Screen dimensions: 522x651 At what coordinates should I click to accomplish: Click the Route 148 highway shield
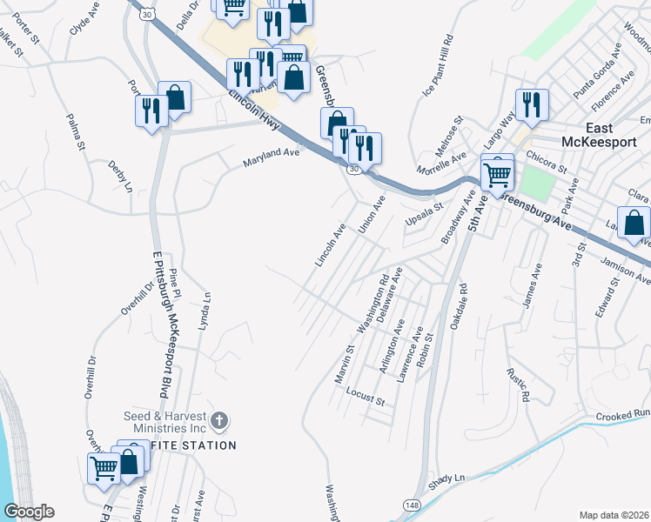tap(412, 505)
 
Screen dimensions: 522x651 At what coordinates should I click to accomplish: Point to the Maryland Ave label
tap(271, 157)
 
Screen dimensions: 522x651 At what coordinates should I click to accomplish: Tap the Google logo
tap(29, 512)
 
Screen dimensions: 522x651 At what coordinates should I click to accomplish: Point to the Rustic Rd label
tap(518, 383)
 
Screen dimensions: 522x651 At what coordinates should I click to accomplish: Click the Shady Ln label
tap(447, 479)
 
